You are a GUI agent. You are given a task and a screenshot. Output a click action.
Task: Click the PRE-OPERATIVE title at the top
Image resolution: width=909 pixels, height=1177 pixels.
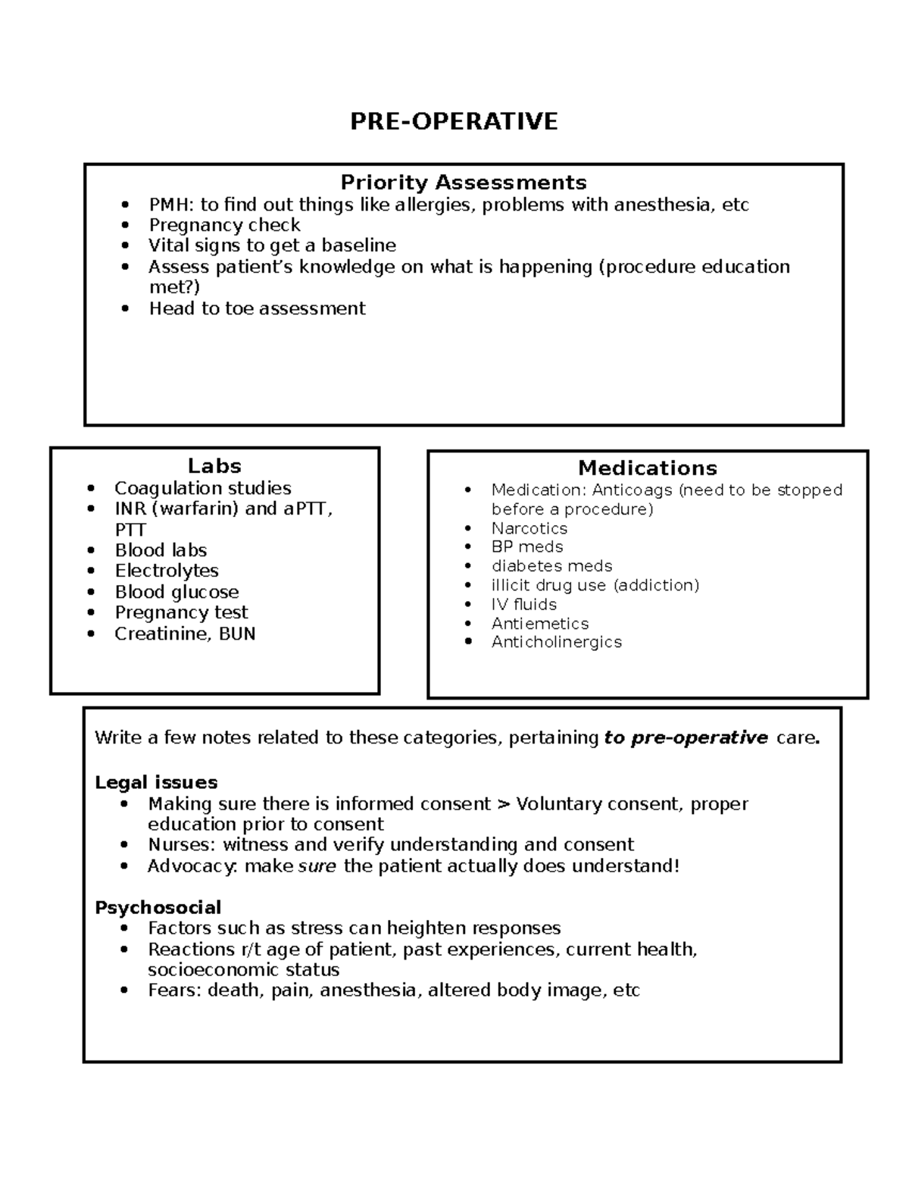point(454,121)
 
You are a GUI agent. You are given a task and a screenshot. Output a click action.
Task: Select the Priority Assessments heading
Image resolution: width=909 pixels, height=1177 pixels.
point(463,183)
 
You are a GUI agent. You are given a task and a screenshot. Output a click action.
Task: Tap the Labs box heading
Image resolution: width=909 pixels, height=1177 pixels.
point(214,466)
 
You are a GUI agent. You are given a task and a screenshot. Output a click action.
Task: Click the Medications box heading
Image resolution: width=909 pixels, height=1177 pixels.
point(647,468)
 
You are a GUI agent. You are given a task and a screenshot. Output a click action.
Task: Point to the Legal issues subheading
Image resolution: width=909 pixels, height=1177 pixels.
point(156,782)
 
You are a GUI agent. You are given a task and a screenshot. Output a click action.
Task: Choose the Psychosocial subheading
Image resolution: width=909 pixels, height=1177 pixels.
point(158,907)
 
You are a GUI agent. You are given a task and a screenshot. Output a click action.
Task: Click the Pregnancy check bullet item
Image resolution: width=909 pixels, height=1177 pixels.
point(224,225)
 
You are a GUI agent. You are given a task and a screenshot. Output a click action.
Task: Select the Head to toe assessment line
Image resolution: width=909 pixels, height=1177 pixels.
point(257,308)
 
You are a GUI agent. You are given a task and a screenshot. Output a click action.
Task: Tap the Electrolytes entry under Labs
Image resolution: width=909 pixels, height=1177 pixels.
point(167,571)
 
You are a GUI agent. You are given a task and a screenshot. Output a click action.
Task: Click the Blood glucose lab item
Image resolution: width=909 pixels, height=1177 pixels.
point(176,592)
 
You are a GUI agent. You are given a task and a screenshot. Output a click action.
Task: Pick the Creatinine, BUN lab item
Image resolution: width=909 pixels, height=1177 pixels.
point(185,634)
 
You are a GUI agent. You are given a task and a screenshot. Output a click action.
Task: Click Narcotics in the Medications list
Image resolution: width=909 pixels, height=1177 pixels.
point(529,528)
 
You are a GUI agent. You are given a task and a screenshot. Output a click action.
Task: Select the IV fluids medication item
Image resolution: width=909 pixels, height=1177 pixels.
point(523,604)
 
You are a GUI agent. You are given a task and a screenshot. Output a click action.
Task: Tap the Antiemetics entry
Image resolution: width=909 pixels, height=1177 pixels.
point(539,623)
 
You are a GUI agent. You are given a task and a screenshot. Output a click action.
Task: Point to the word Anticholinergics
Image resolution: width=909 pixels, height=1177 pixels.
point(556,642)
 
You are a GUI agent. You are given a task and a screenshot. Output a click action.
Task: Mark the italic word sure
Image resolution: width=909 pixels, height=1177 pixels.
point(317,866)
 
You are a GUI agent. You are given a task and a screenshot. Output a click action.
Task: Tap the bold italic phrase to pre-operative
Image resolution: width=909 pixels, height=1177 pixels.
point(686,738)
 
